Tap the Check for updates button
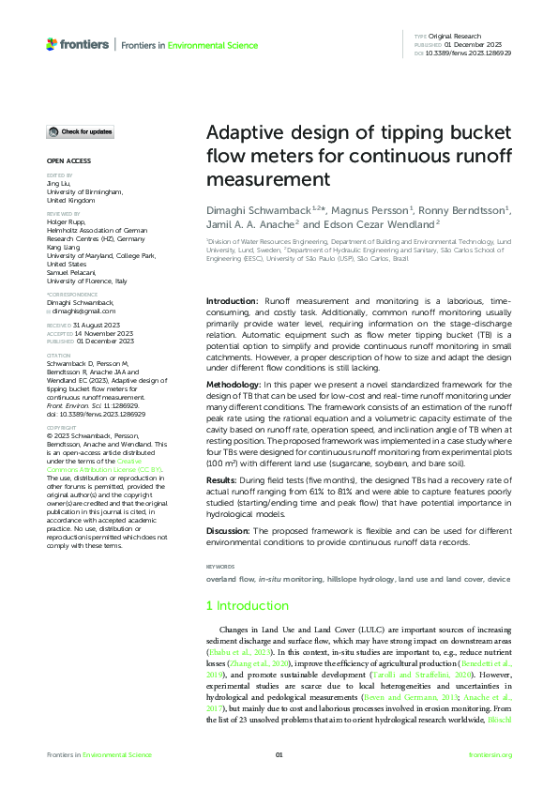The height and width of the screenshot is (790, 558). pos(82,131)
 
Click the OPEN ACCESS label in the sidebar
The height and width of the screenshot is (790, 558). pos(68,160)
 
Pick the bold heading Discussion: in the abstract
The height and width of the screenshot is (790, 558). pos(232,532)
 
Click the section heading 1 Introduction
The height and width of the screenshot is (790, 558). pos(248,605)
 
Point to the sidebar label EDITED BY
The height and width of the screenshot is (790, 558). pos(58,175)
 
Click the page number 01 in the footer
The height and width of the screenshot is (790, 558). pos(279,755)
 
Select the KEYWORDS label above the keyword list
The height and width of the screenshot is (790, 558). pos(219,566)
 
